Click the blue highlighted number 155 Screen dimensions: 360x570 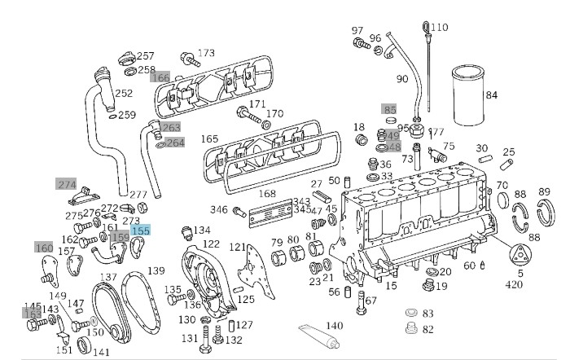[140, 231]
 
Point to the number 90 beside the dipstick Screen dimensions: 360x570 [401, 79]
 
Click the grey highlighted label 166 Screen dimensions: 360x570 [160, 78]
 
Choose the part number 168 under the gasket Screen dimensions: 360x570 [267, 194]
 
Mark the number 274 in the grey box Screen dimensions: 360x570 [66, 184]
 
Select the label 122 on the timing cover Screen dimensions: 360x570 [211, 244]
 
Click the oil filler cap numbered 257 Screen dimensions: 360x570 [127, 59]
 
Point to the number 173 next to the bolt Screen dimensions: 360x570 [206, 53]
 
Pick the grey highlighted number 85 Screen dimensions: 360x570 [390, 109]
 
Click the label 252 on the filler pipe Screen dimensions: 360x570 [124, 94]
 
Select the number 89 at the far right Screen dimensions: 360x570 [544, 192]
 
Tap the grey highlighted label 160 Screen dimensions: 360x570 [44, 247]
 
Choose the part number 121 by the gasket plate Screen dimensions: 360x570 [237, 247]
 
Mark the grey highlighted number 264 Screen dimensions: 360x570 [175, 143]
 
